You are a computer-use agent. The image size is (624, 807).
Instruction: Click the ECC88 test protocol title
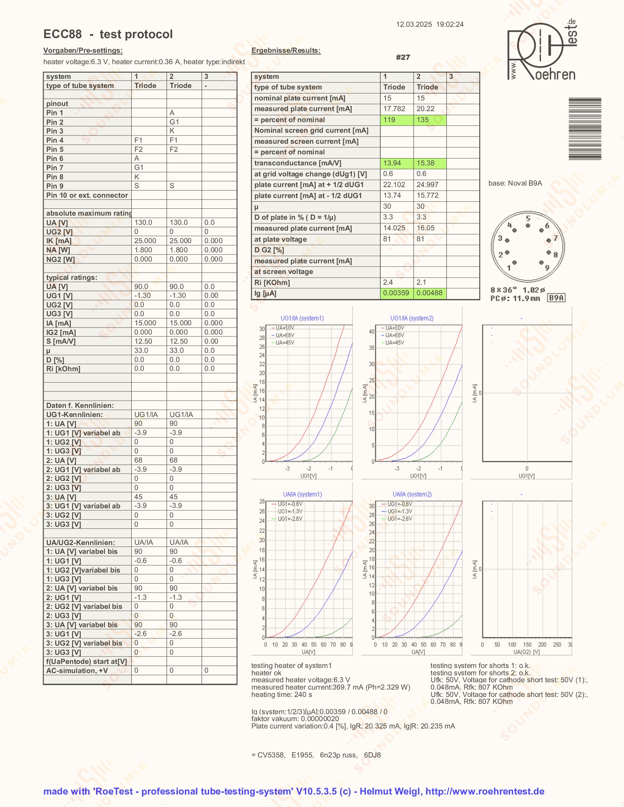tap(108, 34)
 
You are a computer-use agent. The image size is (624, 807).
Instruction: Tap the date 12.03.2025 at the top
tap(414, 24)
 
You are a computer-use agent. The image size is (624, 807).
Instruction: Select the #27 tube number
tap(403, 57)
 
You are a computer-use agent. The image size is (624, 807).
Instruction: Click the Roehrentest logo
tap(541, 51)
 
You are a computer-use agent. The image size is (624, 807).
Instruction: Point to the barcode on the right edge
tap(584, 129)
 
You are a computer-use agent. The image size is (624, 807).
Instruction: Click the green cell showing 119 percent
tap(396, 120)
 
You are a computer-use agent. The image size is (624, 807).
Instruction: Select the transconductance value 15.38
tap(429, 163)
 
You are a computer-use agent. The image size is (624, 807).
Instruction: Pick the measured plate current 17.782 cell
tap(396, 109)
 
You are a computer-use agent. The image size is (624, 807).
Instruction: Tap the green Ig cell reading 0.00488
tap(429, 293)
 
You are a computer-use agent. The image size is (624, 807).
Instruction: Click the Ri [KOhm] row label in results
tap(272, 283)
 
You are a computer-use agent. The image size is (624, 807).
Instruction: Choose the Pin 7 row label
tap(55, 168)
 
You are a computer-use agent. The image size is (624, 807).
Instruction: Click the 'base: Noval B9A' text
tap(515, 183)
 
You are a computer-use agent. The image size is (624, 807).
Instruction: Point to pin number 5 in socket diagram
tap(528, 218)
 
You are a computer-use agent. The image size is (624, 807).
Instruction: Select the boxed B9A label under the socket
tap(556, 298)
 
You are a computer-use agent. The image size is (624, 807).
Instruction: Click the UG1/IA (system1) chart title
tap(302, 318)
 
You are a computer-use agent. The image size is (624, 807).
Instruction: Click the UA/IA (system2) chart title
tap(412, 494)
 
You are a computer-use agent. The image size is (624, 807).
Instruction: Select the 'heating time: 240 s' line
tap(281, 694)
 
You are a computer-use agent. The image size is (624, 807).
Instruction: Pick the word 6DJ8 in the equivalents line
tap(372, 755)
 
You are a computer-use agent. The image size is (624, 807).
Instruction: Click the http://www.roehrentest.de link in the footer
tap(485, 791)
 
